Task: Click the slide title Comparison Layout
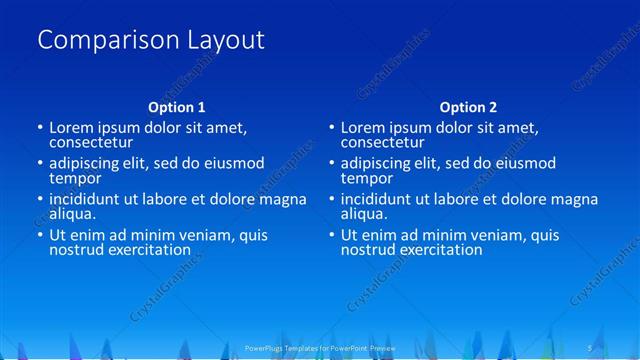point(151,41)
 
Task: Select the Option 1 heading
point(176,107)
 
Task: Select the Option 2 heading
point(468,107)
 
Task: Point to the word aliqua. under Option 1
point(73,213)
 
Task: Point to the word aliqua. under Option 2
point(365,213)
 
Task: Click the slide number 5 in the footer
point(590,348)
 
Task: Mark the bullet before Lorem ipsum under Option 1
point(40,128)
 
